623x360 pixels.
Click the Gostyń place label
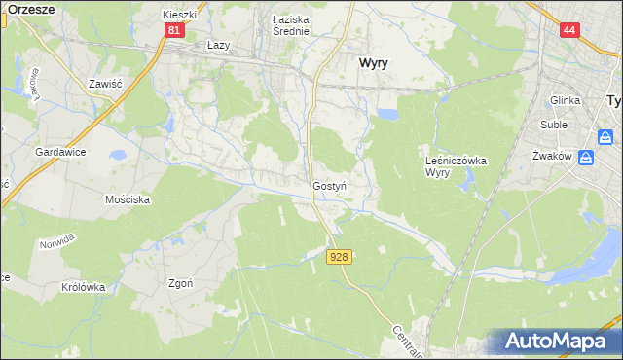click(330, 185)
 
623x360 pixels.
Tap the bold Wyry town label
click(375, 61)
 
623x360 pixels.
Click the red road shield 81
click(173, 30)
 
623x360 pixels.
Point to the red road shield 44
click(569, 30)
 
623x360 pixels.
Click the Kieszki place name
click(180, 16)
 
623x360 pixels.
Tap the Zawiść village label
click(103, 84)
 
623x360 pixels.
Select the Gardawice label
click(61, 153)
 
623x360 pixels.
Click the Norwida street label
click(57, 243)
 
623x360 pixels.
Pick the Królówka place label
click(83, 287)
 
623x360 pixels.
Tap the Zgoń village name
click(180, 283)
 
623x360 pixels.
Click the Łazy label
click(219, 45)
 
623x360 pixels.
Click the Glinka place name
click(565, 100)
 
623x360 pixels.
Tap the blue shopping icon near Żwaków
click(587, 158)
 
